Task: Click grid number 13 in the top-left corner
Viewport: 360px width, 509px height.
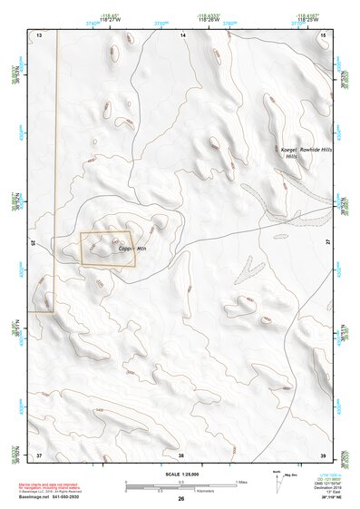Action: pyautogui.click(x=39, y=34)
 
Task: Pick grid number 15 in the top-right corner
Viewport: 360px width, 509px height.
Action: pyautogui.click(x=323, y=34)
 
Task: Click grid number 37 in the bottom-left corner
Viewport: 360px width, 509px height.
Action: pyautogui.click(x=39, y=454)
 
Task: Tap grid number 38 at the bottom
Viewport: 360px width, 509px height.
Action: pyautogui.click(x=181, y=454)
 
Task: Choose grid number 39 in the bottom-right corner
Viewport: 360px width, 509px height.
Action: pyautogui.click(x=323, y=454)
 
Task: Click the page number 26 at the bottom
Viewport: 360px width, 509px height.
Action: pyautogui.click(x=180, y=499)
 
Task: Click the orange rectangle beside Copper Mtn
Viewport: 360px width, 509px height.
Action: pyautogui.click(x=107, y=249)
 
